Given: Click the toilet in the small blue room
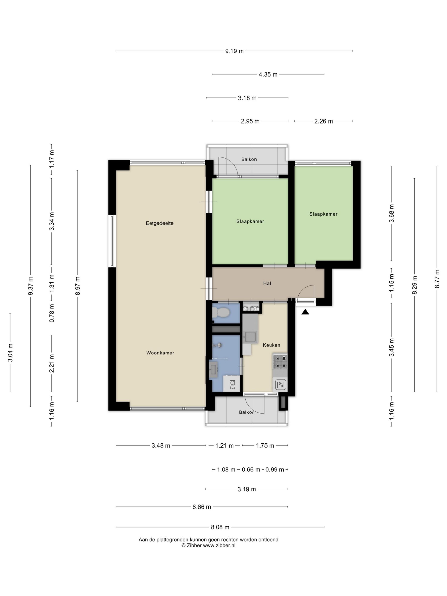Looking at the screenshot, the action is (221, 313).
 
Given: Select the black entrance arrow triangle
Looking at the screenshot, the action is (305, 312).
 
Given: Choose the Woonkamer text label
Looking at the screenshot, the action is (160, 353).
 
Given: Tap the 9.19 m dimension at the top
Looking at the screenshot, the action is (234, 51).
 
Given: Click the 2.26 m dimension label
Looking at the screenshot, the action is (323, 121).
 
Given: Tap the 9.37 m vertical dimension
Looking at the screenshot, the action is (30, 286).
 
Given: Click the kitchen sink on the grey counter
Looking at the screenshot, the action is (250, 337).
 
